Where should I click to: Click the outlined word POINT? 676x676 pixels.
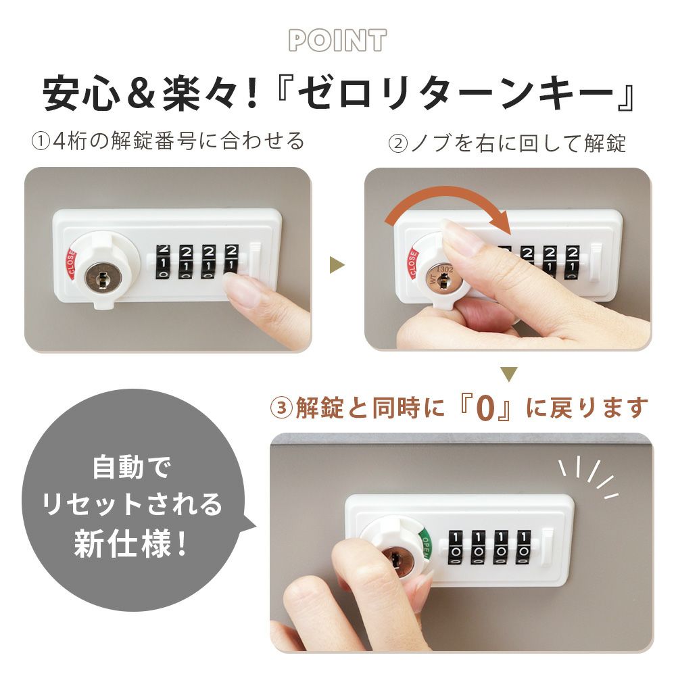(x=337, y=41)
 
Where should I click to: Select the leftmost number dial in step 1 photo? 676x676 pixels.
(x=163, y=262)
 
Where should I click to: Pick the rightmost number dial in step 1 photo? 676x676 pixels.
(x=231, y=260)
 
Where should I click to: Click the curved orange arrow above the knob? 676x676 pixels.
(x=448, y=201)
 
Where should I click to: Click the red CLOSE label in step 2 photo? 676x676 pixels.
(x=413, y=263)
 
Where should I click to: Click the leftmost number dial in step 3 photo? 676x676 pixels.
(x=456, y=547)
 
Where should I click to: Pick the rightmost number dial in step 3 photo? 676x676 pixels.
(x=523, y=547)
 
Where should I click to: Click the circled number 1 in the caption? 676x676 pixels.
(x=42, y=142)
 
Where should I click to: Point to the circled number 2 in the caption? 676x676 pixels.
(x=398, y=143)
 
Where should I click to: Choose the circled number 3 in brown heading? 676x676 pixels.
(x=281, y=408)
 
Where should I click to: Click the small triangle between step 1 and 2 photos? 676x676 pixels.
(x=337, y=265)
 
